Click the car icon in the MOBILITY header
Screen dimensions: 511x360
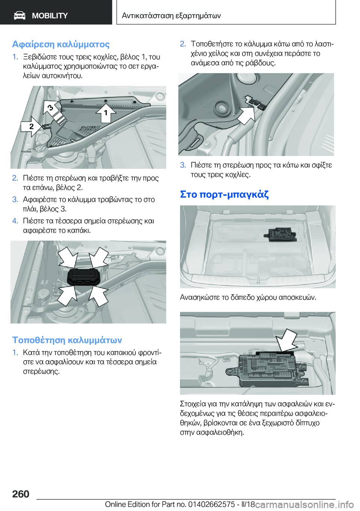(19, 15)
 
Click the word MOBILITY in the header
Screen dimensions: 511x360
(49, 16)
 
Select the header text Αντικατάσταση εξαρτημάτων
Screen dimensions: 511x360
(171, 16)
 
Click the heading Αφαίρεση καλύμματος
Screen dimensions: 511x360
(61, 44)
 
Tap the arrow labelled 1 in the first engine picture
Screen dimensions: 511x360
(106, 113)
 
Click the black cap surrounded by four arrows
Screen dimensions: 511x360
(84, 277)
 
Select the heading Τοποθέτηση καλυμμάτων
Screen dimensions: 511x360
(67, 340)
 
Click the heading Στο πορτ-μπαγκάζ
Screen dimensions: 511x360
(224, 194)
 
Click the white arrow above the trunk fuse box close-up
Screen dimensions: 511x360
(286, 340)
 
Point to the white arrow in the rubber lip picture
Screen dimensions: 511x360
(246, 115)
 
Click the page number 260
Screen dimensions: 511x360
(21, 494)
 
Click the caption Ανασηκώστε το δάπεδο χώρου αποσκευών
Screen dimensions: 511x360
(248, 298)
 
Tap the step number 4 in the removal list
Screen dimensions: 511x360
(15, 221)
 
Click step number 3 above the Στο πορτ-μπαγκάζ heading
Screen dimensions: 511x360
(183, 165)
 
